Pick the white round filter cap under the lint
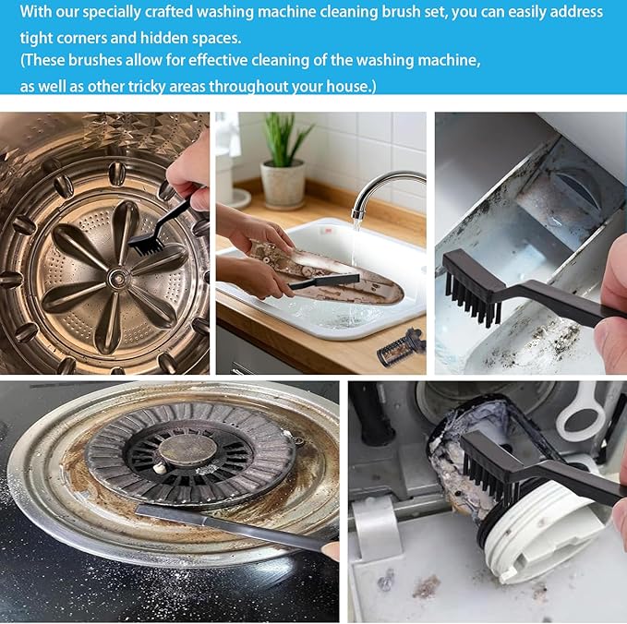click(536, 535)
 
